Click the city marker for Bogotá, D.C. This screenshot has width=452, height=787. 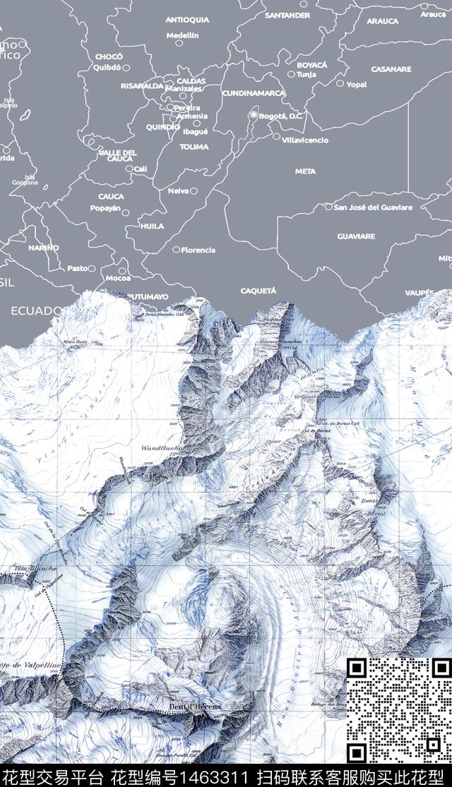pyautogui.click(x=253, y=115)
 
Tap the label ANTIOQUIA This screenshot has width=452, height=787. pyautogui.click(x=187, y=20)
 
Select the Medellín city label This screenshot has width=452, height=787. pyautogui.click(x=182, y=34)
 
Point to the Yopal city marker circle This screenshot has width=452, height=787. pyautogui.click(x=340, y=84)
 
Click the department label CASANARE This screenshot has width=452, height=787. pyautogui.click(x=391, y=69)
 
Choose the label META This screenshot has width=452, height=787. pyautogui.click(x=305, y=171)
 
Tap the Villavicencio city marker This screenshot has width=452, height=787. pyautogui.click(x=277, y=138)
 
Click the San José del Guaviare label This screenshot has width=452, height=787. pyautogui.click(x=373, y=208)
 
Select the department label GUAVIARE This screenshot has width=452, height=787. pyautogui.click(x=356, y=236)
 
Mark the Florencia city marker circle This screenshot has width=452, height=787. pyautogui.click(x=177, y=249)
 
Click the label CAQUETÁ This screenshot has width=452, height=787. pyautogui.click(x=258, y=290)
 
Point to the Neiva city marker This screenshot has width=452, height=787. pyautogui.click(x=194, y=191)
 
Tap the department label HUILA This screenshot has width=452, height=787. pyautogui.click(x=152, y=226)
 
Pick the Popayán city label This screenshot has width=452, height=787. pyautogui.click(x=105, y=208)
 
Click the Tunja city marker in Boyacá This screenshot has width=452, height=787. pyautogui.click(x=290, y=73)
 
